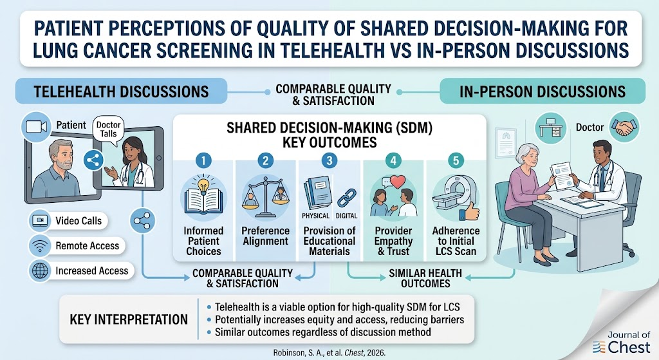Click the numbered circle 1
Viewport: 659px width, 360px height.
click(x=203, y=160)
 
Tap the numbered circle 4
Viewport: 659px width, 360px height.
click(x=393, y=160)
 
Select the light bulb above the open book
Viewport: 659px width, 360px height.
click(x=204, y=185)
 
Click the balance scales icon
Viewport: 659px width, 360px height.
click(x=266, y=196)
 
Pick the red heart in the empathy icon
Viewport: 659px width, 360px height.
click(x=398, y=182)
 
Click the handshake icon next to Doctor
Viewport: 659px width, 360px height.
click(x=624, y=127)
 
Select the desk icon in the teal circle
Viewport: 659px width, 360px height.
click(x=551, y=127)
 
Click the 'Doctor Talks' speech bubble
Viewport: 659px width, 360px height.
click(x=108, y=129)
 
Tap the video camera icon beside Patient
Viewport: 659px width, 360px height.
click(x=36, y=127)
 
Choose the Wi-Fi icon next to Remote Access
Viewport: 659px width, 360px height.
click(x=40, y=246)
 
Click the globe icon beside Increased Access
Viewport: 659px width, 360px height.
click(x=40, y=271)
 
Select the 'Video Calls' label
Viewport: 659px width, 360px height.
click(x=79, y=221)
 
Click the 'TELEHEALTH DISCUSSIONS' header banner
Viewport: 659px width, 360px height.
click(x=121, y=91)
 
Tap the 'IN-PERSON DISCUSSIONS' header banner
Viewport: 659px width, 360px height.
click(x=542, y=91)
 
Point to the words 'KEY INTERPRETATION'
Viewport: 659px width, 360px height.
click(x=129, y=319)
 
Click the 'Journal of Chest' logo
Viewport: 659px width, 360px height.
click(x=622, y=343)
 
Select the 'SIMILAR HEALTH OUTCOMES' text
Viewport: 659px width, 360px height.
click(x=425, y=278)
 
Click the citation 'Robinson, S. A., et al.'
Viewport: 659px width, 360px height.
click(x=308, y=353)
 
